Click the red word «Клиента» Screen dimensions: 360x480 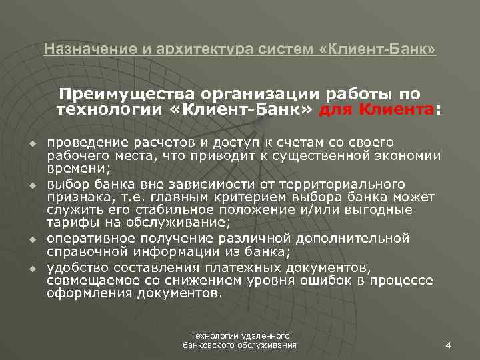pos(398,109)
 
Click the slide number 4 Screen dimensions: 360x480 pos(447,344)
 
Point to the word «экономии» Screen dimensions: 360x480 pos(409,157)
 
